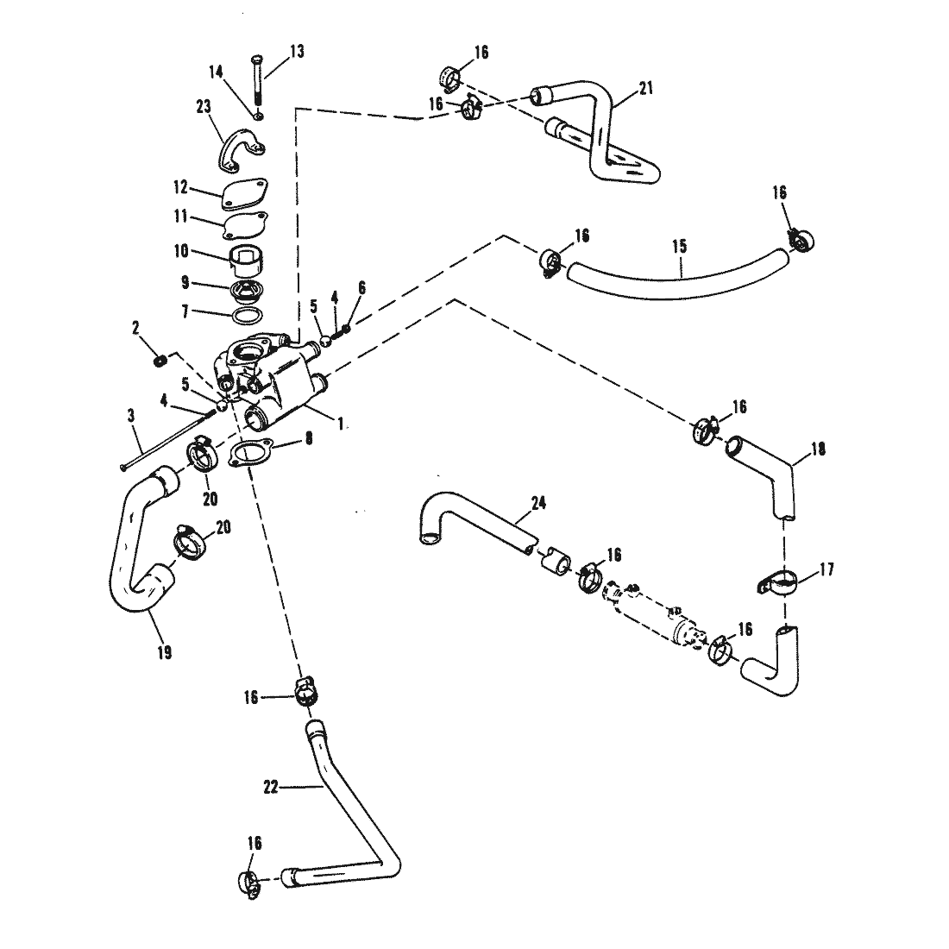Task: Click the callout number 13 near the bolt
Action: pyautogui.click(x=297, y=52)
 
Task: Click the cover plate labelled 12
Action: pyautogui.click(x=245, y=193)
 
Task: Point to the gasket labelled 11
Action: pyautogui.click(x=245, y=226)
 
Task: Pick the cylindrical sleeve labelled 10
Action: pyautogui.click(x=248, y=261)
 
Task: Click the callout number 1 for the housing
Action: pyautogui.click(x=341, y=423)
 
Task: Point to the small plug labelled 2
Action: pyautogui.click(x=160, y=361)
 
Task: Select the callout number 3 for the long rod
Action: pyautogui.click(x=131, y=416)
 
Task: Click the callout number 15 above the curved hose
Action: pyautogui.click(x=680, y=247)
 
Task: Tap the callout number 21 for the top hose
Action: pyautogui.click(x=646, y=88)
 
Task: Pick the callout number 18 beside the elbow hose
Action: pyautogui.click(x=818, y=449)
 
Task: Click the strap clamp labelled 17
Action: pyautogui.click(x=777, y=584)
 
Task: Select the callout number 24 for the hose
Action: pyautogui.click(x=538, y=502)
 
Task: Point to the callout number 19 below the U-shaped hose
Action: pyautogui.click(x=164, y=652)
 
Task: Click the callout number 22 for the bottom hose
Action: pyautogui.click(x=271, y=787)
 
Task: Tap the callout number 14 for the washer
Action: pyautogui.click(x=216, y=72)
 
